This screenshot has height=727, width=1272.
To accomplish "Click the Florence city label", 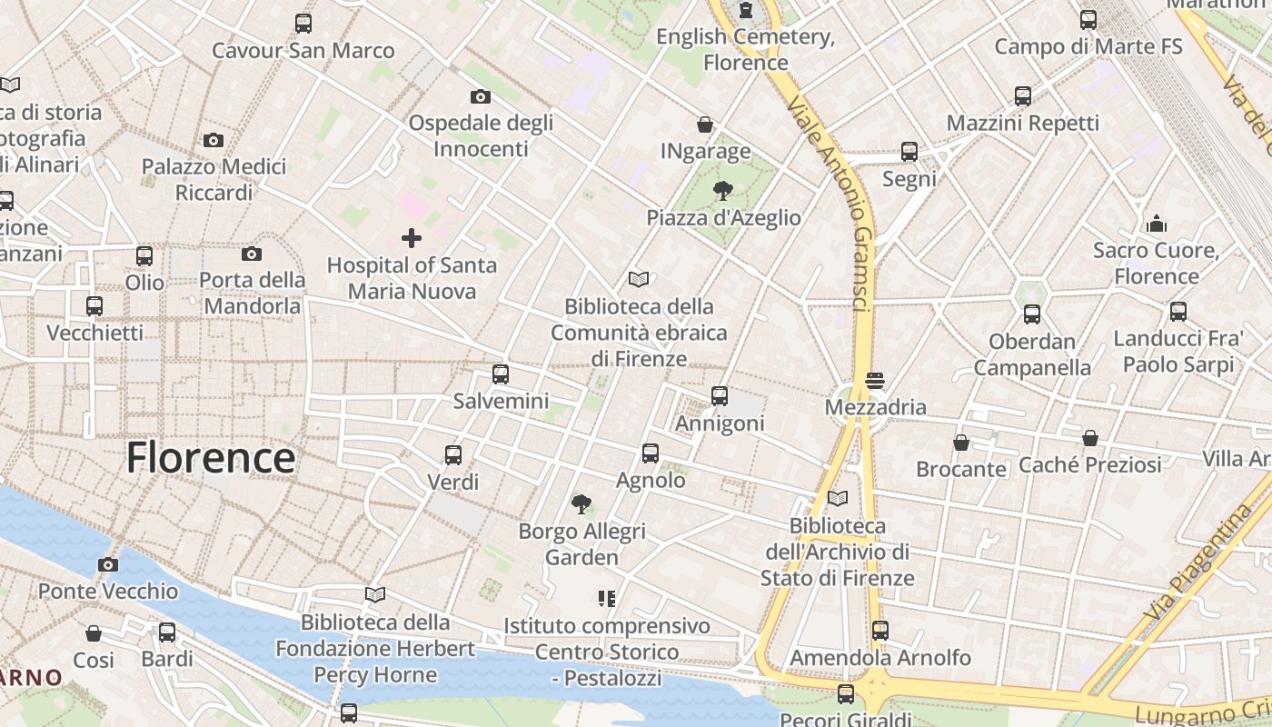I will (210, 457).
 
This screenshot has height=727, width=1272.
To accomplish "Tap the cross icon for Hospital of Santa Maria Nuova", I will (412, 238).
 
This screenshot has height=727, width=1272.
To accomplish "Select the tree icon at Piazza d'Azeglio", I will (723, 191).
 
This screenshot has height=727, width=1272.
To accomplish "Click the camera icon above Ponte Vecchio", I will (108, 564).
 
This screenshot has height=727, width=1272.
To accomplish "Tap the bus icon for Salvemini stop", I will (500, 373).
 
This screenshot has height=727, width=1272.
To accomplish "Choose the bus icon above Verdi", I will (452, 454).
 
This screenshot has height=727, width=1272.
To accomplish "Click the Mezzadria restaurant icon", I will (875, 380).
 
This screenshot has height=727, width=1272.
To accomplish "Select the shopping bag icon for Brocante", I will (960, 443).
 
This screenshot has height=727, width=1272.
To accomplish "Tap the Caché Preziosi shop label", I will (1089, 464).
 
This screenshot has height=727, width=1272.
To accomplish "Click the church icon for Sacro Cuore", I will (1156, 223).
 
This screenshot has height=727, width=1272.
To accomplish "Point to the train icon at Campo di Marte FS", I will (1088, 19).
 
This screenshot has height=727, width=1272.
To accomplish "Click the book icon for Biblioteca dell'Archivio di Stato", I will (837, 499).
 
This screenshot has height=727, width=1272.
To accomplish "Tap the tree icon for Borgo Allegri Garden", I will (581, 504).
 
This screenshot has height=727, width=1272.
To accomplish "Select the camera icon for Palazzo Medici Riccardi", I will (214, 140).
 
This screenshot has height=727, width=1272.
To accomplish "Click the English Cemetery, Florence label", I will (745, 49).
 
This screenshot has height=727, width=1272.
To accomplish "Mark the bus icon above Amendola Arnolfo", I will (879, 630).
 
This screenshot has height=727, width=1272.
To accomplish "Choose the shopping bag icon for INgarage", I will (705, 124).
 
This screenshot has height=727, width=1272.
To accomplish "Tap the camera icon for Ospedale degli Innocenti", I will (480, 96).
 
